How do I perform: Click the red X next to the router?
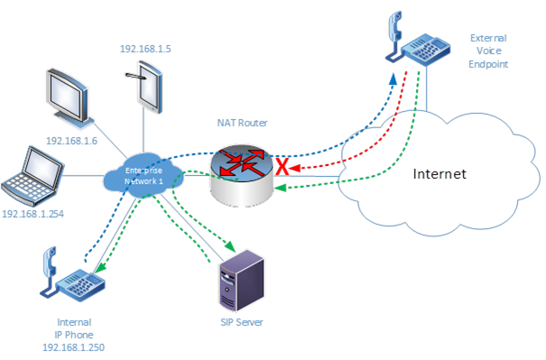tap(282, 168)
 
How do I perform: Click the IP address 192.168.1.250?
tap(75, 347)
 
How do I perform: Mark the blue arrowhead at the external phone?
tap(392, 78)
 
